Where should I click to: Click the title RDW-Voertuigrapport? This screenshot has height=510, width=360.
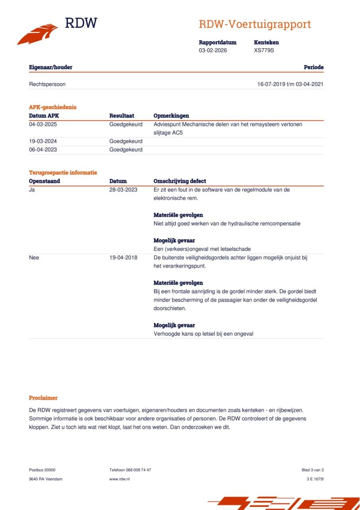pyautogui.click(x=255, y=24)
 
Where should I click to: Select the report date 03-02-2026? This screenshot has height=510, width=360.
pyautogui.click(x=213, y=51)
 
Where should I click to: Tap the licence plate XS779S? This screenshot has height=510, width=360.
pyautogui.click(x=264, y=51)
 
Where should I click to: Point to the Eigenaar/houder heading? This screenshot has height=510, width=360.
pyautogui.click(x=51, y=67)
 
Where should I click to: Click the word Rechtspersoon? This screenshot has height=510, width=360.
pyautogui.click(x=47, y=84)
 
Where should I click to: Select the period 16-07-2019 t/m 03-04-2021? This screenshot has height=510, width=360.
pyautogui.click(x=290, y=84)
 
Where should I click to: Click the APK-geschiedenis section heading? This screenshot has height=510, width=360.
pyautogui.click(x=53, y=107)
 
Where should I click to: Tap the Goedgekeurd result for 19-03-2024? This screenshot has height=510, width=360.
pyautogui.click(x=126, y=141)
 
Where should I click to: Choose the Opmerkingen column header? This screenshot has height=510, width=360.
pyautogui.click(x=171, y=116)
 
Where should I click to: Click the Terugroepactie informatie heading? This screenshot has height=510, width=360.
pyautogui.click(x=63, y=173)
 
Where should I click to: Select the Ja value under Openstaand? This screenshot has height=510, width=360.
pyautogui.click(x=32, y=190)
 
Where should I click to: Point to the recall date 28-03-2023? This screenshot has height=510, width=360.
pyautogui.click(x=123, y=190)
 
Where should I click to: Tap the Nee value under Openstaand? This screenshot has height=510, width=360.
pyautogui.click(x=34, y=258)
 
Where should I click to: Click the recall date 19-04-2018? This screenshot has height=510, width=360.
pyautogui.click(x=123, y=258)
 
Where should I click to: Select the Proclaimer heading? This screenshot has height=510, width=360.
pyautogui.click(x=43, y=398)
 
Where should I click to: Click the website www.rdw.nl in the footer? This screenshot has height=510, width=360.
pyautogui.click(x=119, y=479)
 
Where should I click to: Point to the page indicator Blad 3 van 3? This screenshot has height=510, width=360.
pyautogui.click(x=313, y=470)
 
